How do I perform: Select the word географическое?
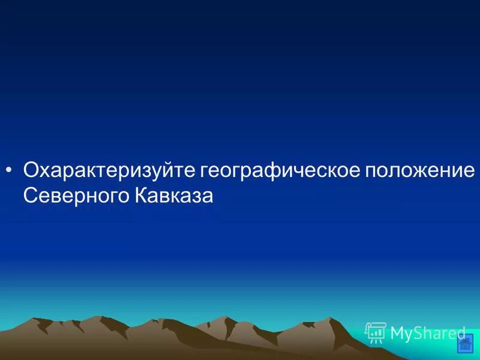[x=280, y=170]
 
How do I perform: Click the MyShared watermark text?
[x=428, y=333]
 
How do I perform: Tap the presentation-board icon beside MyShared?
[x=376, y=332]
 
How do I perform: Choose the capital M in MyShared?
[x=397, y=333]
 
